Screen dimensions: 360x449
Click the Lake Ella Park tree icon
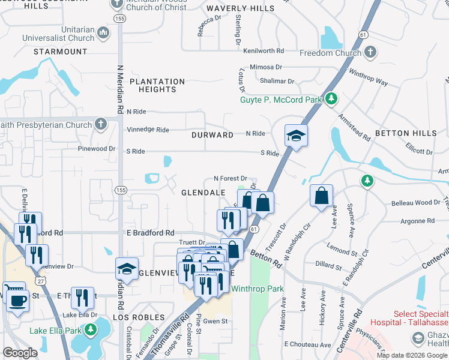90,329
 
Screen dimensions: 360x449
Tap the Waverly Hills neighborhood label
240,9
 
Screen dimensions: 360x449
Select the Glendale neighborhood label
203,192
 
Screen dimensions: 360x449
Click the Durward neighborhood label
212,135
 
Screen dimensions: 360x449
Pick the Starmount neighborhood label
61,52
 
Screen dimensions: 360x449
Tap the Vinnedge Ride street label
148,130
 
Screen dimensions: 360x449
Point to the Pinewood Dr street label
96,148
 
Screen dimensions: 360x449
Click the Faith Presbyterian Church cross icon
101,125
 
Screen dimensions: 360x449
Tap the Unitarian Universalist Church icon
103,32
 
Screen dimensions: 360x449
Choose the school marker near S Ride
296,136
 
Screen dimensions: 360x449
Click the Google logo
20,353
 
